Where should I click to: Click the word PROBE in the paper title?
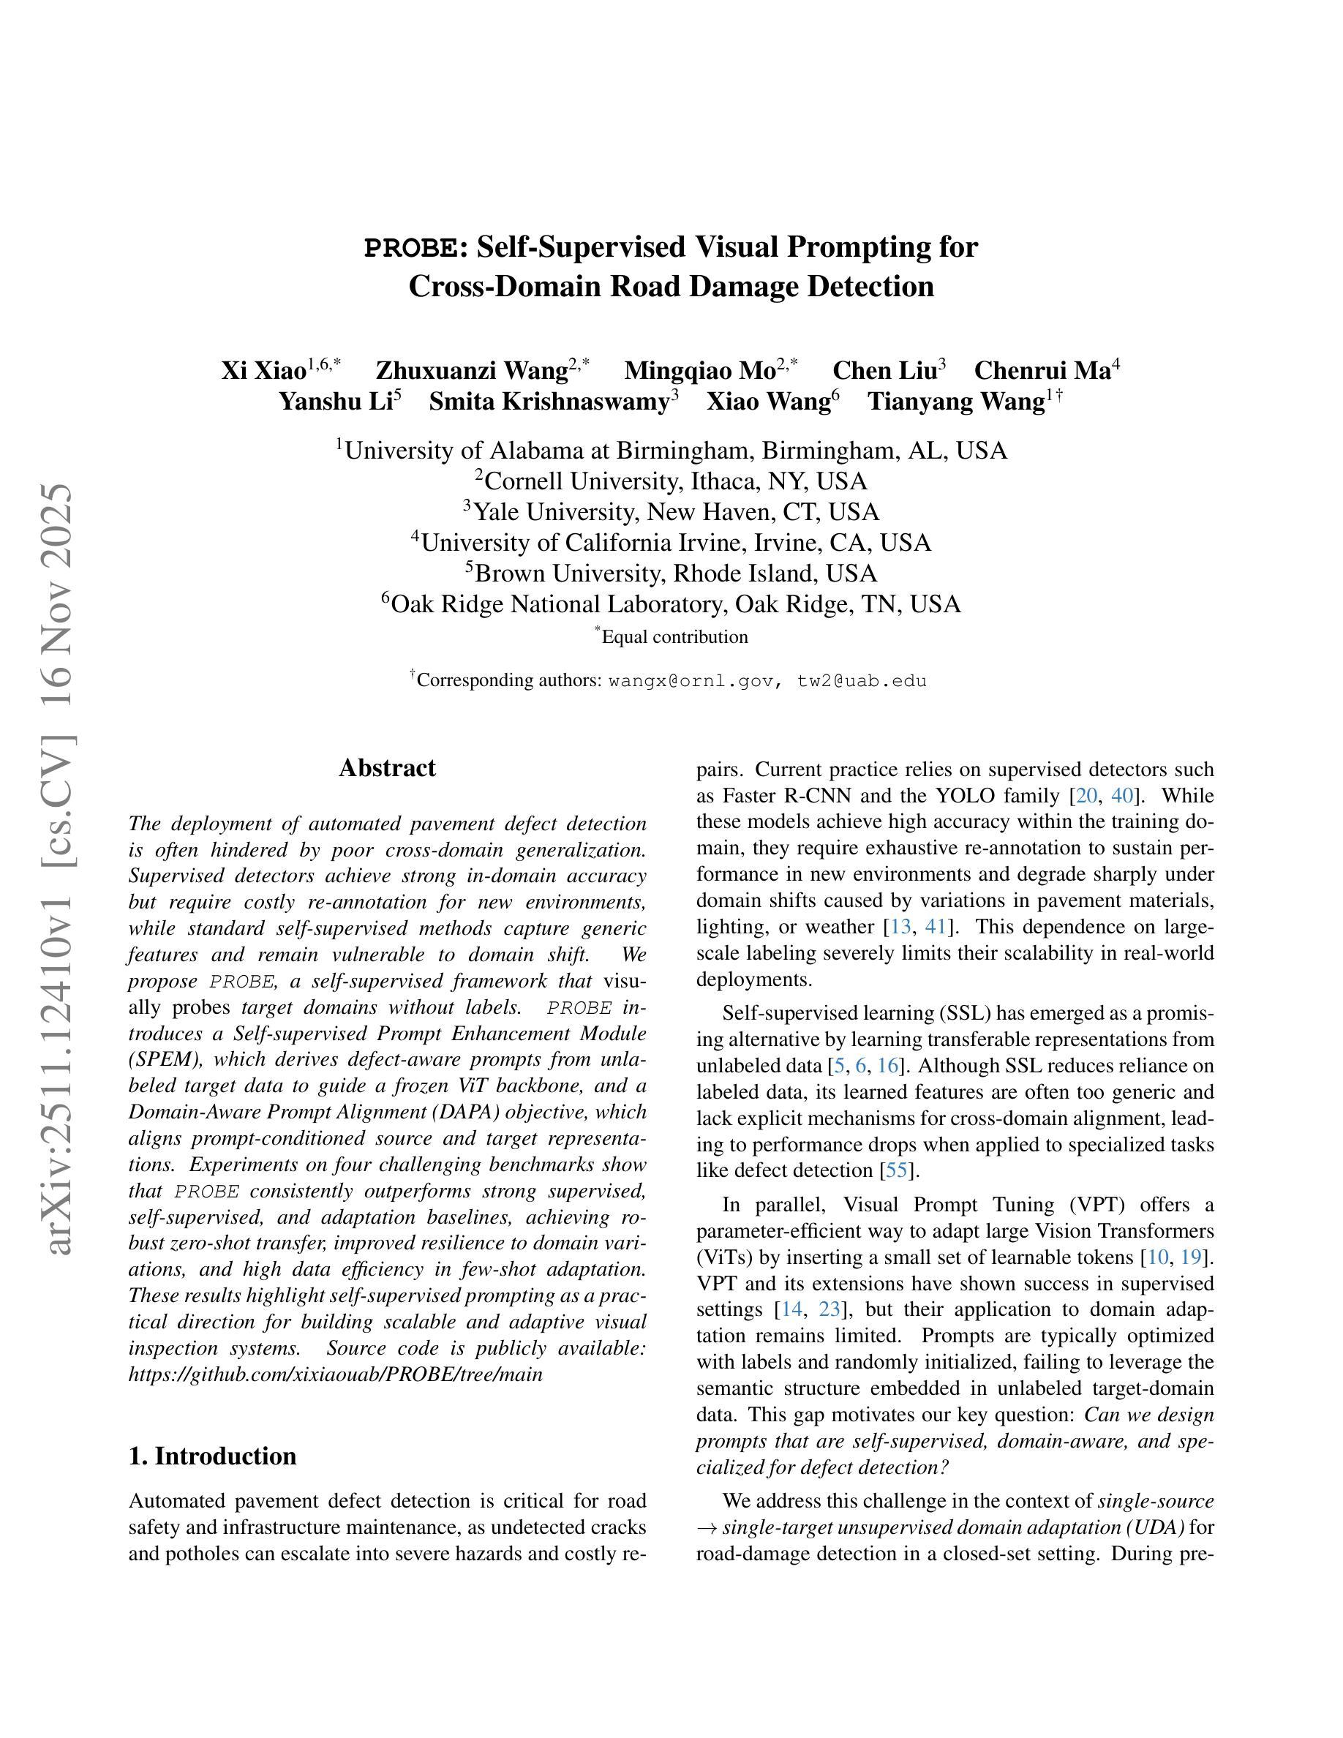tap(410, 248)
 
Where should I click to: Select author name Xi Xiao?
tap(263, 371)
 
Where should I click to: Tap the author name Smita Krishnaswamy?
tap(549, 402)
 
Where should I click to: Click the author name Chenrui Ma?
tap(1042, 371)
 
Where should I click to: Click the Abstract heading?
tap(388, 768)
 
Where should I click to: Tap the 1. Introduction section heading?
tap(212, 1456)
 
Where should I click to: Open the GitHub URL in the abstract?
tap(335, 1374)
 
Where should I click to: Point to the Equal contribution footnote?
tap(674, 637)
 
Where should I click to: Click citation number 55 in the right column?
tap(896, 1170)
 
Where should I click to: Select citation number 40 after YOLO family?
tap(1122, 796)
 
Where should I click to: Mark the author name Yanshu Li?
tap(335, 402)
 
